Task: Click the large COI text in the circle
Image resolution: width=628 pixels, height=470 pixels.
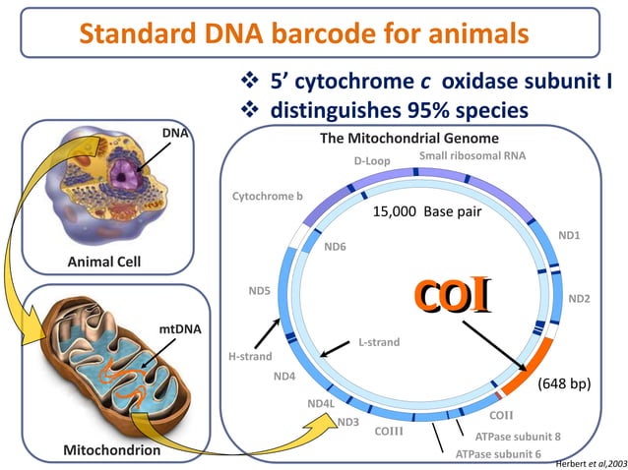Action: coord(452,297)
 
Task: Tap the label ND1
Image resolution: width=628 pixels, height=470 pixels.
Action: coord(569,236)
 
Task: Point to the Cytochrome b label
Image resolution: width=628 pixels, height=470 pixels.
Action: coord(267,197)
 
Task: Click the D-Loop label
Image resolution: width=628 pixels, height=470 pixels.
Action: coord(372,160)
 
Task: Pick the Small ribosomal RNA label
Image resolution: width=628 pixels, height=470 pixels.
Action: coord(472,156)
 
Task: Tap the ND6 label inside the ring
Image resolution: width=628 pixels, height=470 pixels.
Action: coord(336,247)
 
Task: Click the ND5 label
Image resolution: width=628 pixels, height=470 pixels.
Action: coord(259,291)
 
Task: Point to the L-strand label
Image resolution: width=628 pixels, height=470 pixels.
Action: coord(379,342)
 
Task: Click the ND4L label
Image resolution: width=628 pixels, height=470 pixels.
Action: coord(321,403)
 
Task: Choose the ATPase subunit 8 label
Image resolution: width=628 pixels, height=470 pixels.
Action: coord(518,436)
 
